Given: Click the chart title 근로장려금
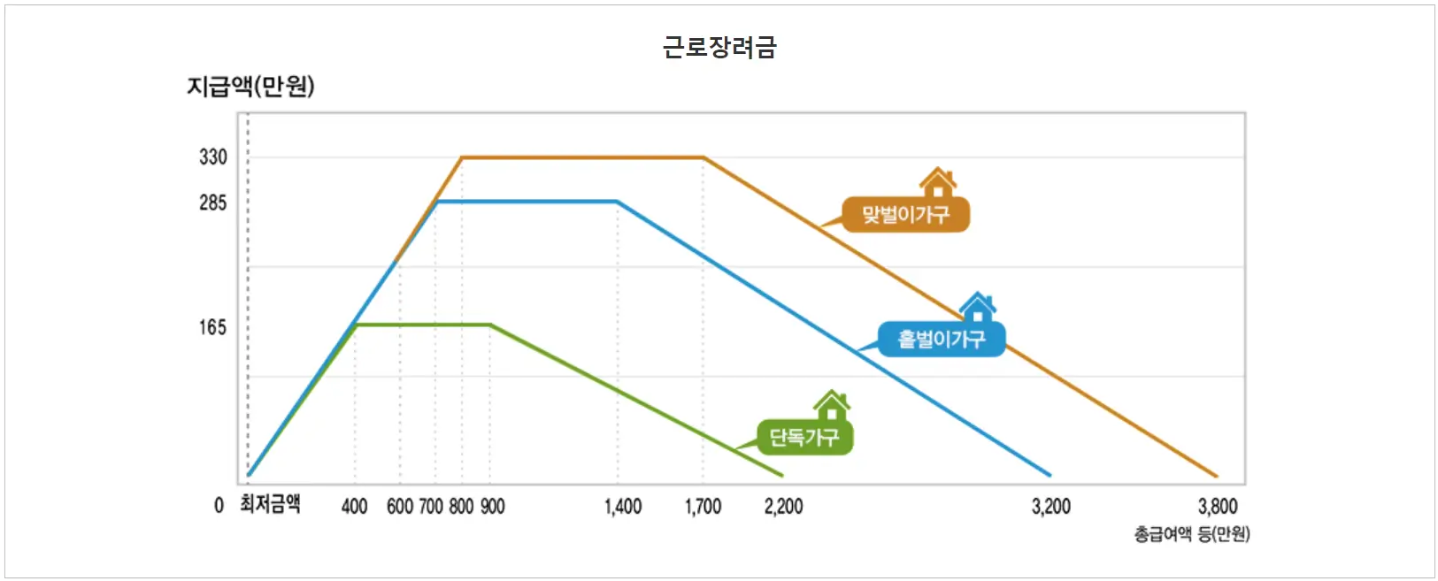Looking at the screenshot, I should pyautogui.click(x=719, y=47).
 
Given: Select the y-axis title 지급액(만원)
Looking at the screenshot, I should pyautogui.click(x=250, y=86).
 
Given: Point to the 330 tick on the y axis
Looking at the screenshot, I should pyautogui.click(x=213, y=157).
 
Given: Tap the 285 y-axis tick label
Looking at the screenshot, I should pyautogui.click(x=213, y=203).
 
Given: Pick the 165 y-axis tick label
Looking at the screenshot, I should pyautogui.click(x=213, y=328).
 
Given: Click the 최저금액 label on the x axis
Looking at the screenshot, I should pyautogui.click(x=270, y=505).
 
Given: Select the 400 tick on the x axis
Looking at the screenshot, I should pyautogui.click(x=354, y=507).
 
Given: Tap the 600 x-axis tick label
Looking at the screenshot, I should pyautogui.click(x=400, y=507).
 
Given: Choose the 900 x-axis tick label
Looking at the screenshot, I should pyautogui.click(x=492, y=507).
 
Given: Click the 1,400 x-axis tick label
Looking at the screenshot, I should pyautogui.click(x=623, y=507).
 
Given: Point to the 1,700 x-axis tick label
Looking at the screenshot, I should pyautogui.click(x=703, y=507).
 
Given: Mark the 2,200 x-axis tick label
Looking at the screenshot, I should pyautogui.click(x=783, y=507).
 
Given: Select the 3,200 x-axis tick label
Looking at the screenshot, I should pyautogui.click(x=1051, y=507).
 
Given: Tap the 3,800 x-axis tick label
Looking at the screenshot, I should pyautogui.click(x=1218, y=507).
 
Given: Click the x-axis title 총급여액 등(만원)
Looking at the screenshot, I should pyautogui.click(x=1192, y=534).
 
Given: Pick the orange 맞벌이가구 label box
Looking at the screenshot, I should pyautogui.click(x=905, y=215).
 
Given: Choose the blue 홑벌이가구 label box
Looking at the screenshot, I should pyautogui.click(x=942, y=340).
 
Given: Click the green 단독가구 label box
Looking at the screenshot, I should pyautogui.click(x=804, y=438).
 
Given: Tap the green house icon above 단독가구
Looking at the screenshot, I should pyautogui.click(x=832, y=406).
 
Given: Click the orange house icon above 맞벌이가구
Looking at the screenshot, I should pyautogui.click(x=937, y=183).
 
